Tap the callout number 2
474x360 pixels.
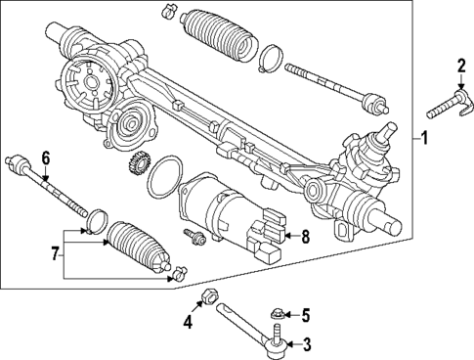[460, 67]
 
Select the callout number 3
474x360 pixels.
[306, 343]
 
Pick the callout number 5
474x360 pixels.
[306, 315]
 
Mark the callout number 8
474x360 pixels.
[305, 235]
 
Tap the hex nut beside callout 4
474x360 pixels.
[207, 297]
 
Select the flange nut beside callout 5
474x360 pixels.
[277, 314]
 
